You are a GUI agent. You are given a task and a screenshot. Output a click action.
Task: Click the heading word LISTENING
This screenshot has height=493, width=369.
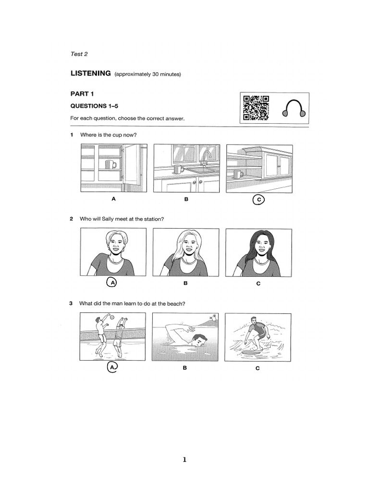[91, 73]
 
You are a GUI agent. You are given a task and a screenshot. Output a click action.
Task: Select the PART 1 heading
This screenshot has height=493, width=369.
[82, 94]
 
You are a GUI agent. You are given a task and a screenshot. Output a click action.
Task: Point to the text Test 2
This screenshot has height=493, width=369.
[79, 54]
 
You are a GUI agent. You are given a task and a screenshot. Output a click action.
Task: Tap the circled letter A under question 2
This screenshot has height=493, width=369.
[112, 283]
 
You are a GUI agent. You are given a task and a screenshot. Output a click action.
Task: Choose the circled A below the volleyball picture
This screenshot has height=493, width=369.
[112, 368]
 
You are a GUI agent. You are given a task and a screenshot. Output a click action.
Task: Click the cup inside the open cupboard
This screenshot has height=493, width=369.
[111, 165]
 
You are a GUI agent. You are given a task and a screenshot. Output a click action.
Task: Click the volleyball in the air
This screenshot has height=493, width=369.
[111, 318]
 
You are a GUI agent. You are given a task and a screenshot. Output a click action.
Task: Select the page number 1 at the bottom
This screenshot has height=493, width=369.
[184, 459]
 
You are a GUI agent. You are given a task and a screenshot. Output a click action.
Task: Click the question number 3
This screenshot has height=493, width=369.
[71, 303]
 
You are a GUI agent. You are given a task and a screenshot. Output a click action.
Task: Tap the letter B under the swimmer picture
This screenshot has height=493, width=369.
[184, 368]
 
